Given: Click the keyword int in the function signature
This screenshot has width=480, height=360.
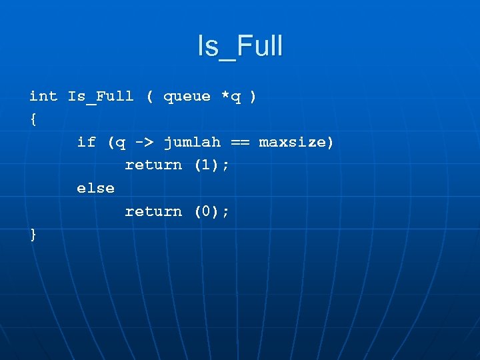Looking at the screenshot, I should click(43, 96).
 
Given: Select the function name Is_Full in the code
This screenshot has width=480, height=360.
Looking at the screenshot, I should click(101, 96).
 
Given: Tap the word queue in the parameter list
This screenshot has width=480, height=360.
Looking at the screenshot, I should click(187, 96).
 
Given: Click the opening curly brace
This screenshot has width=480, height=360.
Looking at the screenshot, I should click(33, 119).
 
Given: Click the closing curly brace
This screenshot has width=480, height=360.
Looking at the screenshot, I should click(33, 234).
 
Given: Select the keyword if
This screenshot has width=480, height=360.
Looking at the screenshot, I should click(86, 142).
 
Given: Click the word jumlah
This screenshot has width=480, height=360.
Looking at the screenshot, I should click(192, 142).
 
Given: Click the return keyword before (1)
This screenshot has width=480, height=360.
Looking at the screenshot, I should click(153, 165).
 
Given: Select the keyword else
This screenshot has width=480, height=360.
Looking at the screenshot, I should click(95, 188).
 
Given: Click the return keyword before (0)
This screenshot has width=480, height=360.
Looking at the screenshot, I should click(153, 211).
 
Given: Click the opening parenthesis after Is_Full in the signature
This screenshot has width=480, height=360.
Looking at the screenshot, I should click(149, 96).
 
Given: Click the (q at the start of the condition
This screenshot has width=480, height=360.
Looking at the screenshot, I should click(116, 142).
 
